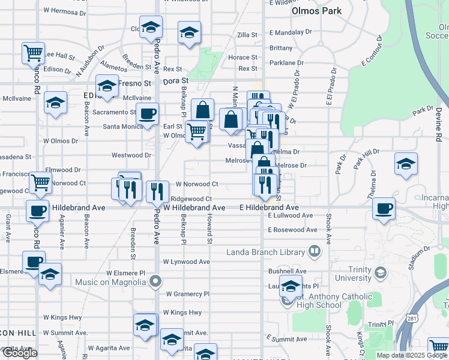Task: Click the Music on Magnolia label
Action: pyautogui.click(x=112, y=281)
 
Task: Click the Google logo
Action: pyautogui.click(x=20, y=353)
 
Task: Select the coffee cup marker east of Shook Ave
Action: pyautogui.click(x=384, y=208)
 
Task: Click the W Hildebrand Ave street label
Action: pyautogui.click(x=194, y=208)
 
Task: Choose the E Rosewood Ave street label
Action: pyautogui.click(x=292, y=230)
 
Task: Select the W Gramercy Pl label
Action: pyautogui.click(x=188, y=294)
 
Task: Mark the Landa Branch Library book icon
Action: pyautogui.click(x=314, y=250)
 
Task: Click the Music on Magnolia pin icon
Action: pyautogui.click(x=155, y=280)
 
